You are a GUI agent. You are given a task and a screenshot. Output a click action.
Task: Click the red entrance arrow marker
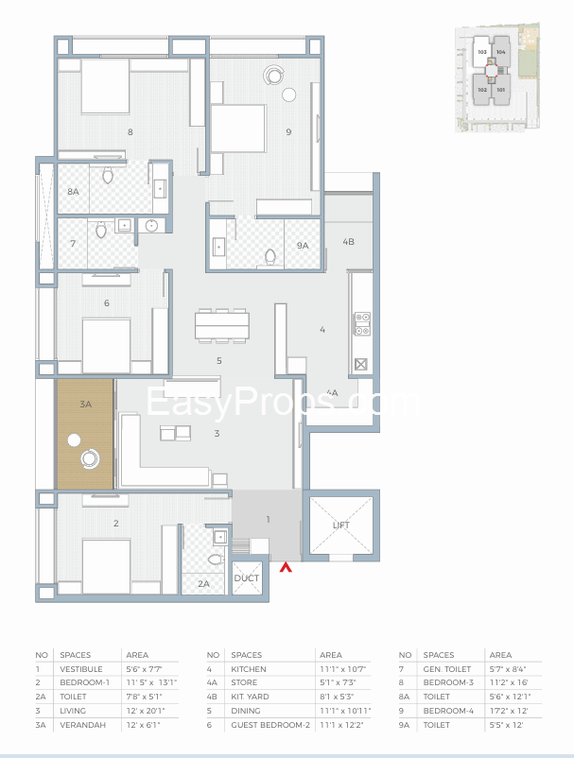coord(286,567)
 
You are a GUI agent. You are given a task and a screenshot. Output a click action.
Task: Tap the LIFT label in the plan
coord(340,525)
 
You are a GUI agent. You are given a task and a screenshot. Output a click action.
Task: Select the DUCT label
coord(246,577)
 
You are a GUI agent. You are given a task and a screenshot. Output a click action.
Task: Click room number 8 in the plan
coord(130,131)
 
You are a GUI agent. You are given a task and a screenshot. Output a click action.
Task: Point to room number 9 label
coord(287,131)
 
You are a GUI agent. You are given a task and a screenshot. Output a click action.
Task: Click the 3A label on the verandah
coord(85,404)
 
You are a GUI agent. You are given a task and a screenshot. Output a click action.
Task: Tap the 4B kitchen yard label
coord(348,242)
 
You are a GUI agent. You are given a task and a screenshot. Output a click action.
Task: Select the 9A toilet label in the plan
coord(302,246)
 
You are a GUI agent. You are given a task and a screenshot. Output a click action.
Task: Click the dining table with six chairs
coord(222,325)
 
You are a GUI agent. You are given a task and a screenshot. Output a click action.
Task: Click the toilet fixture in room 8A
coord(107,176)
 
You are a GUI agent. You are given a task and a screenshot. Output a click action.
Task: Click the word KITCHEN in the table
coord(248,668)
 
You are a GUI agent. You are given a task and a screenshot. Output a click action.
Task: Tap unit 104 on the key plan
coord(500,52)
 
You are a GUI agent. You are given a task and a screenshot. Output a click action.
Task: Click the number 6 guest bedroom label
coord(107,303)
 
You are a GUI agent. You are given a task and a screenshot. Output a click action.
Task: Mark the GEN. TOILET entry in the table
coord(448,668)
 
